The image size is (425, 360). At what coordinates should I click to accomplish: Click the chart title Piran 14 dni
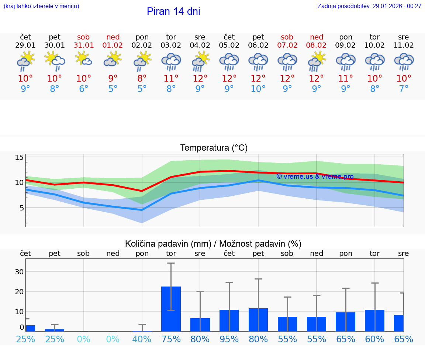[x=173, y=11]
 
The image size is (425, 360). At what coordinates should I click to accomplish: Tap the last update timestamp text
[x=369, y=6]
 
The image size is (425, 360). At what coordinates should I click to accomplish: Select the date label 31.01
[x=84, y=45]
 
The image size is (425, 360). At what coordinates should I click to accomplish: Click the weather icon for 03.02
[x=171, y=62]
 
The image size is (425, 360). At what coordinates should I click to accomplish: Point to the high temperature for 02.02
[x=142, y=79]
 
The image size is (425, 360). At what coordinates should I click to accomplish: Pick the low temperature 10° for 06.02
[x=258, y=89]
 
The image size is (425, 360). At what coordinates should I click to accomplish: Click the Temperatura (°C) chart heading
[x=214, y=148]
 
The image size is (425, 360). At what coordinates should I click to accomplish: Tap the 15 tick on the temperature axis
[x=19, y=158]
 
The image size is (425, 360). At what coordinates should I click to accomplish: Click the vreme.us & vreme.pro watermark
[x=315, y=176]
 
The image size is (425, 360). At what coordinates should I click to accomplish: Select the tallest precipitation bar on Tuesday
[x=171, y=309]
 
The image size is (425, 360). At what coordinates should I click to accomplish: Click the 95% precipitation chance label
[x=229, y=339]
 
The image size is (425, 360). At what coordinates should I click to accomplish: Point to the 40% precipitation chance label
[x=142, y=339]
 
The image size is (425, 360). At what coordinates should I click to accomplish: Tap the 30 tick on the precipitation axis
[x=19, y=272]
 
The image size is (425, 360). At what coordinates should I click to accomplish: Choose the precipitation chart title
[x=213, y=244]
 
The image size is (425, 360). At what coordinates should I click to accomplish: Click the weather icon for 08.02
[x=317, y=62]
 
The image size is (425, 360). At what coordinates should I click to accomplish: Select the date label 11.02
[x=404, y=45]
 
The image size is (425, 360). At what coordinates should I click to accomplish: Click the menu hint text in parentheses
[x=41, y=6]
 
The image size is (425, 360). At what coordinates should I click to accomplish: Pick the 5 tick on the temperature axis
[x=21, y=208]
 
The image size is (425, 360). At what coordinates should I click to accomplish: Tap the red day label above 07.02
[x=287, y=37]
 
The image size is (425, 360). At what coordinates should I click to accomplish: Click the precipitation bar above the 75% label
[x=171, y=309]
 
